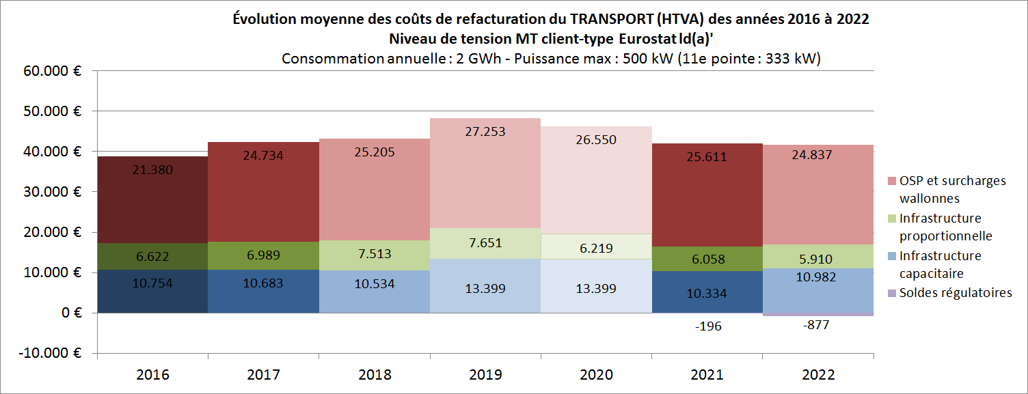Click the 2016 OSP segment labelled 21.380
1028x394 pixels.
[x=152, y=199]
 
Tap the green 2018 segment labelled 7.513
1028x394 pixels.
[x=375, y=255]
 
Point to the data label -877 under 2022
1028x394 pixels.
[x=817, y=325]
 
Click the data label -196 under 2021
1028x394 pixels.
[x=707, y=326]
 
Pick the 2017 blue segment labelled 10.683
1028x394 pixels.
[x=264, y=291]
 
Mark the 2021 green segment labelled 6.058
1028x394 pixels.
[x=707, y=259]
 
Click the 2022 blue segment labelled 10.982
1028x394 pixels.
[x=817, y=290]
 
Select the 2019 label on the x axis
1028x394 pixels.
[x=485, y=375]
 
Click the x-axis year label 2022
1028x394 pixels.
[x=817, y=375]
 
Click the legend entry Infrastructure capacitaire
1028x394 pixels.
[x=941, y=264]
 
